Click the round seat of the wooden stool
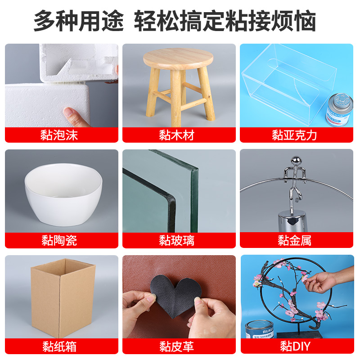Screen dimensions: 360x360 tap(178, 58)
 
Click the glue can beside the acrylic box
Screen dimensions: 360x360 tap(339, 110)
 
